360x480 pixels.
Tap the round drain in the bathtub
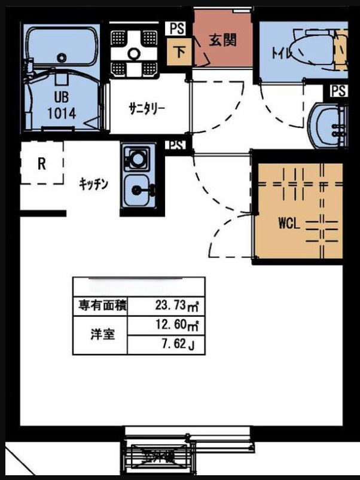pos(62,57)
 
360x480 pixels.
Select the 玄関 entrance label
pos(222,40)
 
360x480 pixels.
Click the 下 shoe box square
pos(179,51)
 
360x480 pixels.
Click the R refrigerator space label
pos(42,164)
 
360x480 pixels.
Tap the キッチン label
pos(93,184)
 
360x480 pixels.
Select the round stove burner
pos(138,160)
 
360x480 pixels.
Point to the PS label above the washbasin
pos(338,91)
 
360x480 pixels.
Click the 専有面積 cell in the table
pos(102,306)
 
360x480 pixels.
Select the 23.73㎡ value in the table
pos(176,306)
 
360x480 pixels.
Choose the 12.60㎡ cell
pos(176,326)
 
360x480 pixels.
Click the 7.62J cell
pos(176,345)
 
